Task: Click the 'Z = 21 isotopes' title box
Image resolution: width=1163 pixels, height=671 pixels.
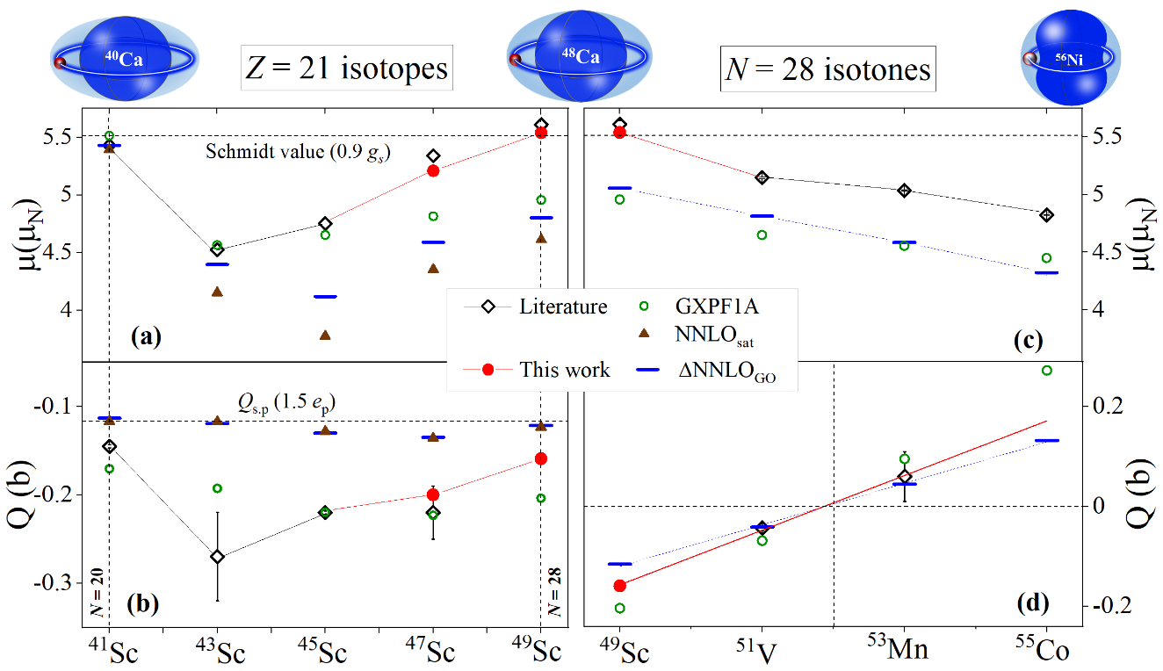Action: point(345,69)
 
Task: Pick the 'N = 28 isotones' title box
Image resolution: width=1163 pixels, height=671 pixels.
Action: point(828,69)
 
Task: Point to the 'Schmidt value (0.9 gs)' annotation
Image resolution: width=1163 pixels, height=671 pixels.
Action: point(298,151)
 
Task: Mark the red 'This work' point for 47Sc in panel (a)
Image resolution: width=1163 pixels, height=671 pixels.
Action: point(433,170)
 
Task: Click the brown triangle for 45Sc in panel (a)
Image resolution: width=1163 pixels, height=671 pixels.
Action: point(325,335)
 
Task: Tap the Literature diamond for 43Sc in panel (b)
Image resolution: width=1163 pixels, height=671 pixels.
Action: point(217,557)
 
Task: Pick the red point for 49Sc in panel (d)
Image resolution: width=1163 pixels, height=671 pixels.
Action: point(619,586)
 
